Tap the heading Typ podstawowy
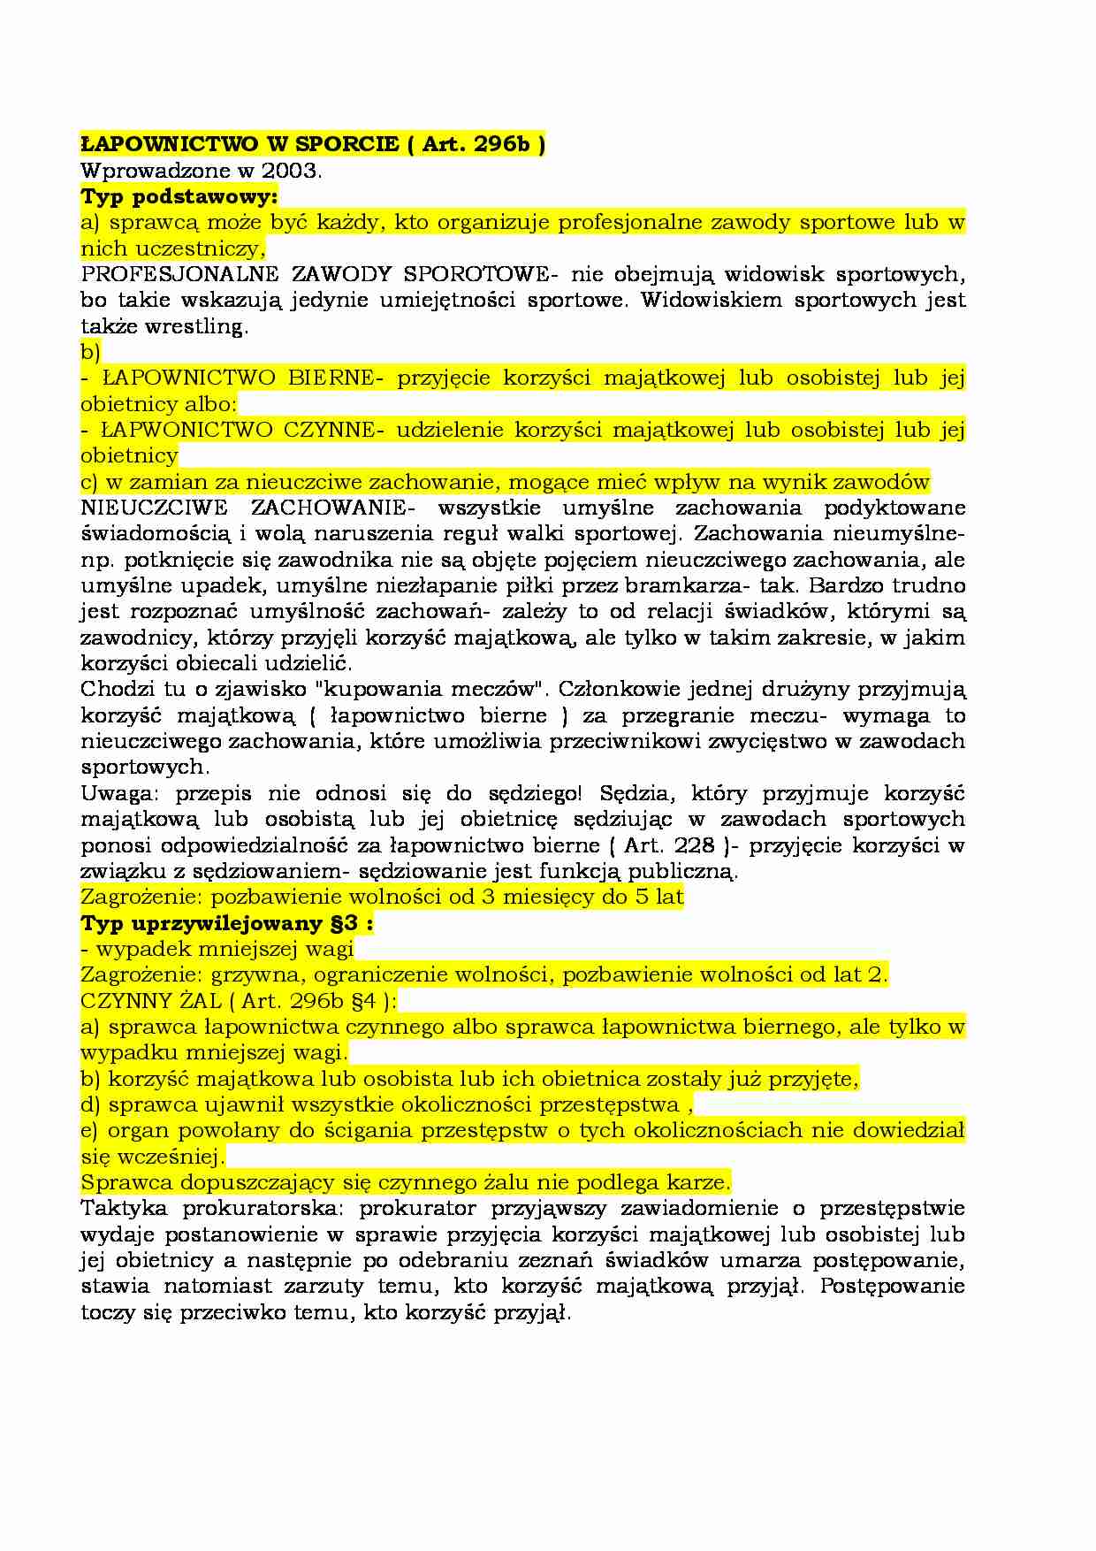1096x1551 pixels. point(179,196)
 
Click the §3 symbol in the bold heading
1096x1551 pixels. point(346,923)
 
